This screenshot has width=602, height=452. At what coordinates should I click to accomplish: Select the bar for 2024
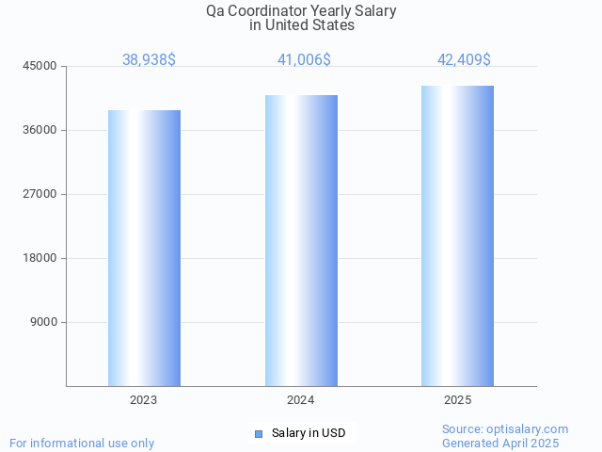pos(301,240)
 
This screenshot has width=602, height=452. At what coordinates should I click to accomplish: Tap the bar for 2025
pos(457,235)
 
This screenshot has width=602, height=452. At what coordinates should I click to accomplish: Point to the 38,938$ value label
pos(149,59)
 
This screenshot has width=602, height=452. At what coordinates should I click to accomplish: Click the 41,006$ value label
pos(304,59)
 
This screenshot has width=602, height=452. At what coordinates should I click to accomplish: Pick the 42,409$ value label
pos(464,59)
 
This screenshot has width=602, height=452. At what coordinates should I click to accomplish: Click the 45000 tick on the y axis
pos(40,66)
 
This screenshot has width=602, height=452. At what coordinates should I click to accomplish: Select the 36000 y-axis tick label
pos(40,130)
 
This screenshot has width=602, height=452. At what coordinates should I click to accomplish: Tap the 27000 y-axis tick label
pos(40,194)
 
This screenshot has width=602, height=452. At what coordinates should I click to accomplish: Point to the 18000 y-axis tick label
pos(40,258)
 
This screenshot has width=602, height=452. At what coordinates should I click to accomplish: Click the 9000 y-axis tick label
pos(43,322)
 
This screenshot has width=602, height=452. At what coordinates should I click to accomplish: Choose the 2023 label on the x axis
pos(144,400)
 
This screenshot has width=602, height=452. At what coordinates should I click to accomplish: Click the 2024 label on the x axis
pos(301,400)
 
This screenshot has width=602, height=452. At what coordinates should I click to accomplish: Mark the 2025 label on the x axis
pos(457,400)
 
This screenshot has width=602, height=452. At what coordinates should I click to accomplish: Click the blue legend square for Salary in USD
pos(259,433)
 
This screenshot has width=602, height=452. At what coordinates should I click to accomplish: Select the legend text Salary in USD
pos(309,433)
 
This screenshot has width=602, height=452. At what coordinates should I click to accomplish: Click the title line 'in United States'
pos(301,25)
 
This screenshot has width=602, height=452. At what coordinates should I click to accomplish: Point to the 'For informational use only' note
pos(82,443)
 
